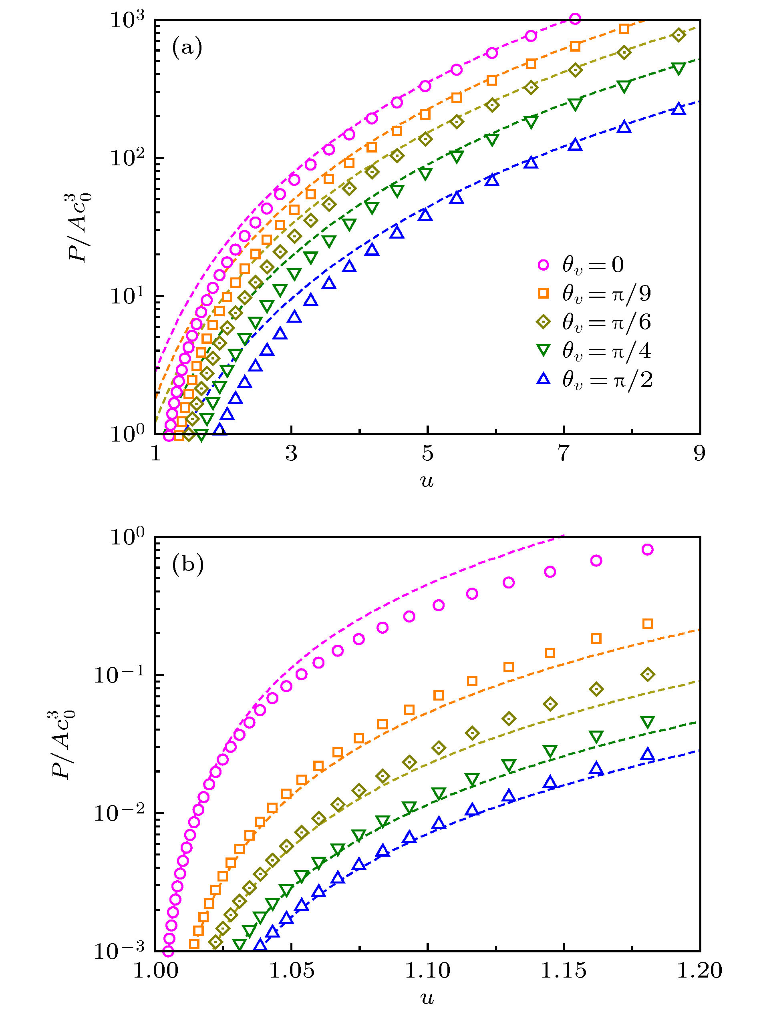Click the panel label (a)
[187, 48]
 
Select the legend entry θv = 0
[593, 265]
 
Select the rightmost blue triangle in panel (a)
[679, 109]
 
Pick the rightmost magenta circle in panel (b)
[647, 550]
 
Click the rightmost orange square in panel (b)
[647, 624]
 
